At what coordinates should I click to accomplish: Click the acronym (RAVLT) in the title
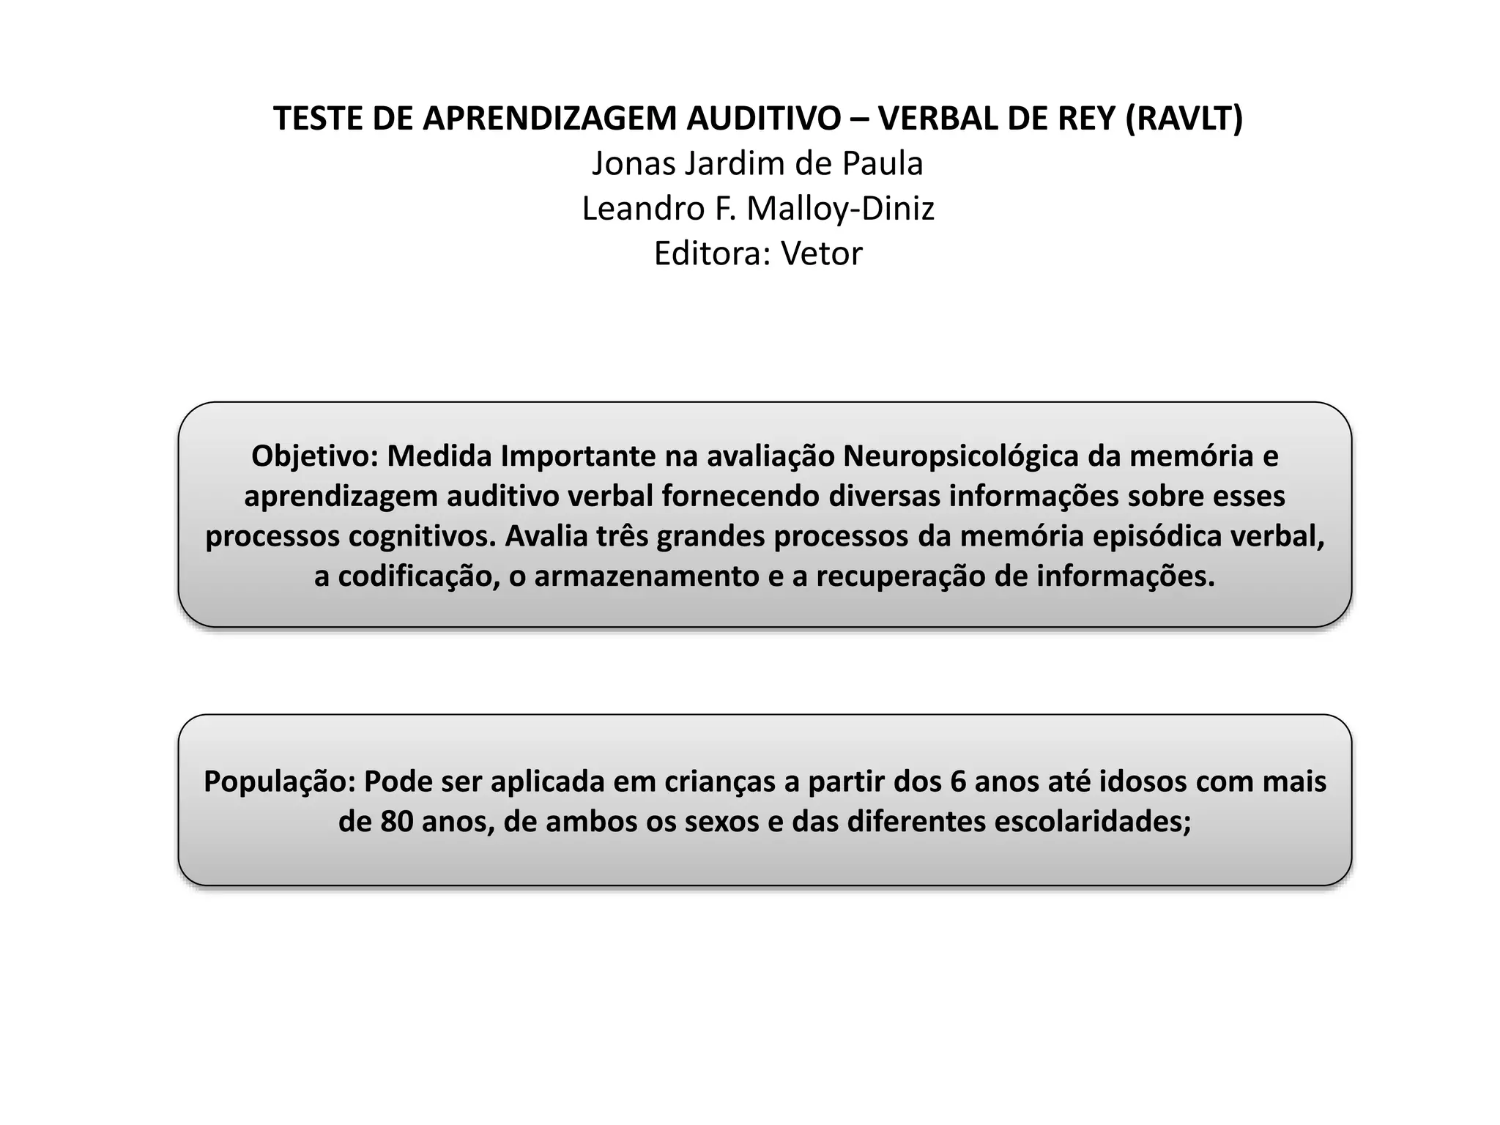click(x=1184, y=119)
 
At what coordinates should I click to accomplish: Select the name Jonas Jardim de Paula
click(x=757, y=163)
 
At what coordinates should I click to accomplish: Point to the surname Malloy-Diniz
click(x=840, y=209)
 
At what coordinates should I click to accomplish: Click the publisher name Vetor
click(x=821, y=253)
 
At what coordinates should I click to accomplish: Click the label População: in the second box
click(x=279, y=781)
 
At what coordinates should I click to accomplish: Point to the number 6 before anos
click(x=958, y=781)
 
